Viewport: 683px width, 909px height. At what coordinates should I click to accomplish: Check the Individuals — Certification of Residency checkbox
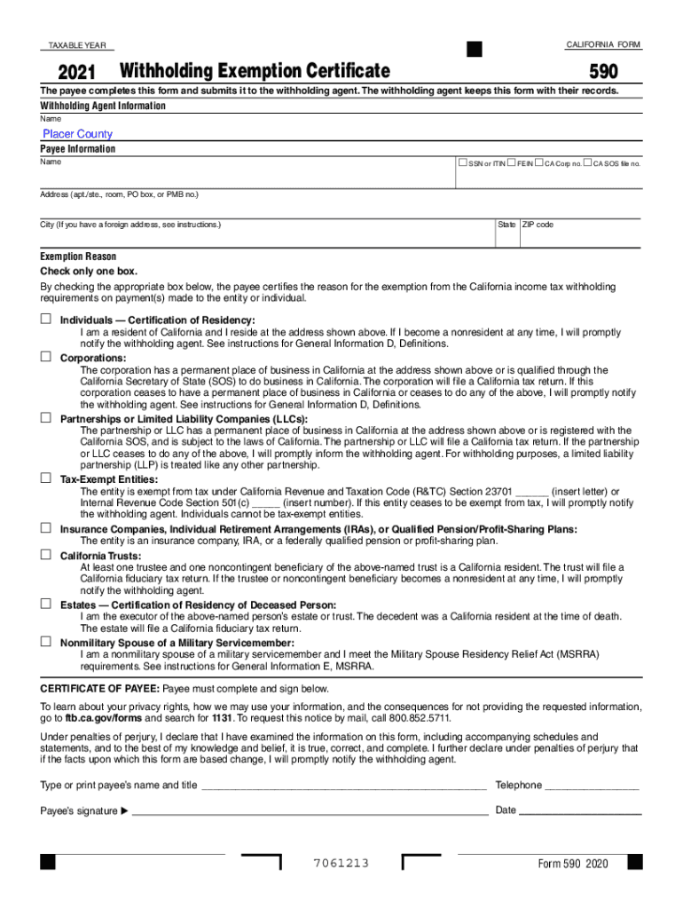[x=44, y=318]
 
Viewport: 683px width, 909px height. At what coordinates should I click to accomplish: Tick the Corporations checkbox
[x=44, y=356]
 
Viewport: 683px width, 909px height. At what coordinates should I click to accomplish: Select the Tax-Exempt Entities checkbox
[x=44, y=478]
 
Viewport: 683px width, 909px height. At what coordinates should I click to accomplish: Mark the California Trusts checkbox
[x=44, y=554]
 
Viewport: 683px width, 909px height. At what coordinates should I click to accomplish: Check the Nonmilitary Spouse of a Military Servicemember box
[x=44, y=641]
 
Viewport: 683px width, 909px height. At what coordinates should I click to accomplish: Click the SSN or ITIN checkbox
[x=462, y=163]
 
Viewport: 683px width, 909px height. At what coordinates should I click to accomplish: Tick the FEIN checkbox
[x=512, y=163]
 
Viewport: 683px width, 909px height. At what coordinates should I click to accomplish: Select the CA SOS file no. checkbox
[x=586, y=163]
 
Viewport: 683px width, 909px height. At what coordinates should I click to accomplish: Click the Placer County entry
[x=78, y=134]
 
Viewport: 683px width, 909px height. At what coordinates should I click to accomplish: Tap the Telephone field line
[x=592, y=786]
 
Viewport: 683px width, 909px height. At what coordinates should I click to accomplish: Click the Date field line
[x=580, y=811]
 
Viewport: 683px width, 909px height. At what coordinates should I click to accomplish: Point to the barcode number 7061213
[x=341, y=864]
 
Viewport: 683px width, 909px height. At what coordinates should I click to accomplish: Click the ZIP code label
[x=538, y=225]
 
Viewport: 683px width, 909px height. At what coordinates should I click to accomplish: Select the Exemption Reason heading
[x=78, y=257]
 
